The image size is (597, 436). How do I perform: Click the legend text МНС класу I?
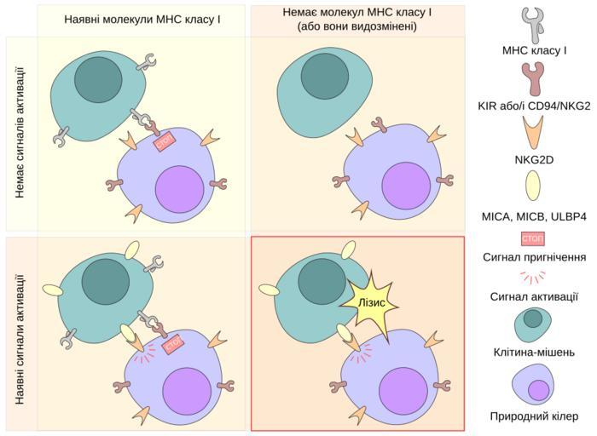tap(535, 50)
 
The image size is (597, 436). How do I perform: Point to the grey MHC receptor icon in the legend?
tap(535, 24)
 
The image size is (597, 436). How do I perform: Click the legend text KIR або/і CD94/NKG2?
tap(535, 106)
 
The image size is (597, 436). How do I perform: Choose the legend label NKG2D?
tap(535, 158)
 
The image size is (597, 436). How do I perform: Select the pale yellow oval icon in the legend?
tap(535, 186)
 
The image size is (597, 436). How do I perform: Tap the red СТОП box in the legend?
tap(534, 238)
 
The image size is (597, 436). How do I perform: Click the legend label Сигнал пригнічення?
tap(535, 257)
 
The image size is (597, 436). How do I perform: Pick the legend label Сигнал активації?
tap(535, 296)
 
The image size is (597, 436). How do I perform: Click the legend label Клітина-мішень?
tap(535, 352)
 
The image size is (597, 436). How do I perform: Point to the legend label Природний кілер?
tap(535, 416)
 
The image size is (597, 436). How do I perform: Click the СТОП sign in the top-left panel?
tap(164, 142)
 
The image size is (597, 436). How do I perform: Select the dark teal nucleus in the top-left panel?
tap(97, 80)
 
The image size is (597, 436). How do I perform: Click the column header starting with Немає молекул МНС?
tap(356, 20)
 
